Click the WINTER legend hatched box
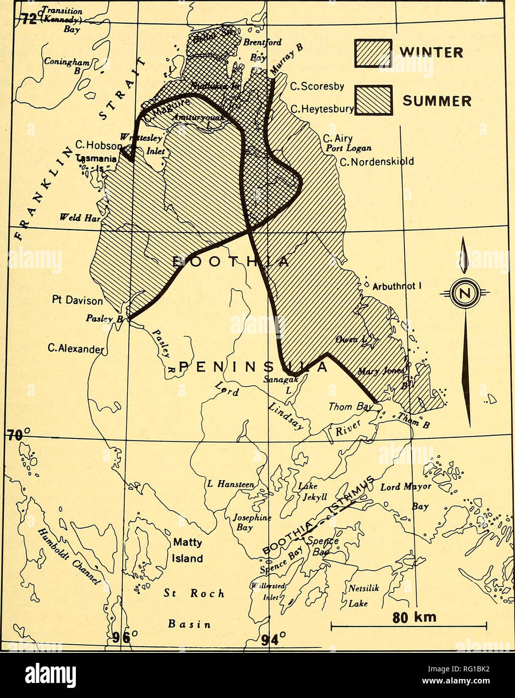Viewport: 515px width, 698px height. coord(373,53)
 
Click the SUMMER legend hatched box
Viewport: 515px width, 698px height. coord(373,100)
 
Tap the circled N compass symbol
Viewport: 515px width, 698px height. coord(465,292)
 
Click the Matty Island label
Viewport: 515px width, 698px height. coord(187,550)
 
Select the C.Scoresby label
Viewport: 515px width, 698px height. coord(318,86)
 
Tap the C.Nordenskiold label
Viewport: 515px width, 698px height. coord(377,162)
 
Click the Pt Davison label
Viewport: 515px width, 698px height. coord(77,301)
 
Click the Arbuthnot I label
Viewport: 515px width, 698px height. coord(396,287)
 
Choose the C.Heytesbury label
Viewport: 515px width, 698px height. coord(322,108)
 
